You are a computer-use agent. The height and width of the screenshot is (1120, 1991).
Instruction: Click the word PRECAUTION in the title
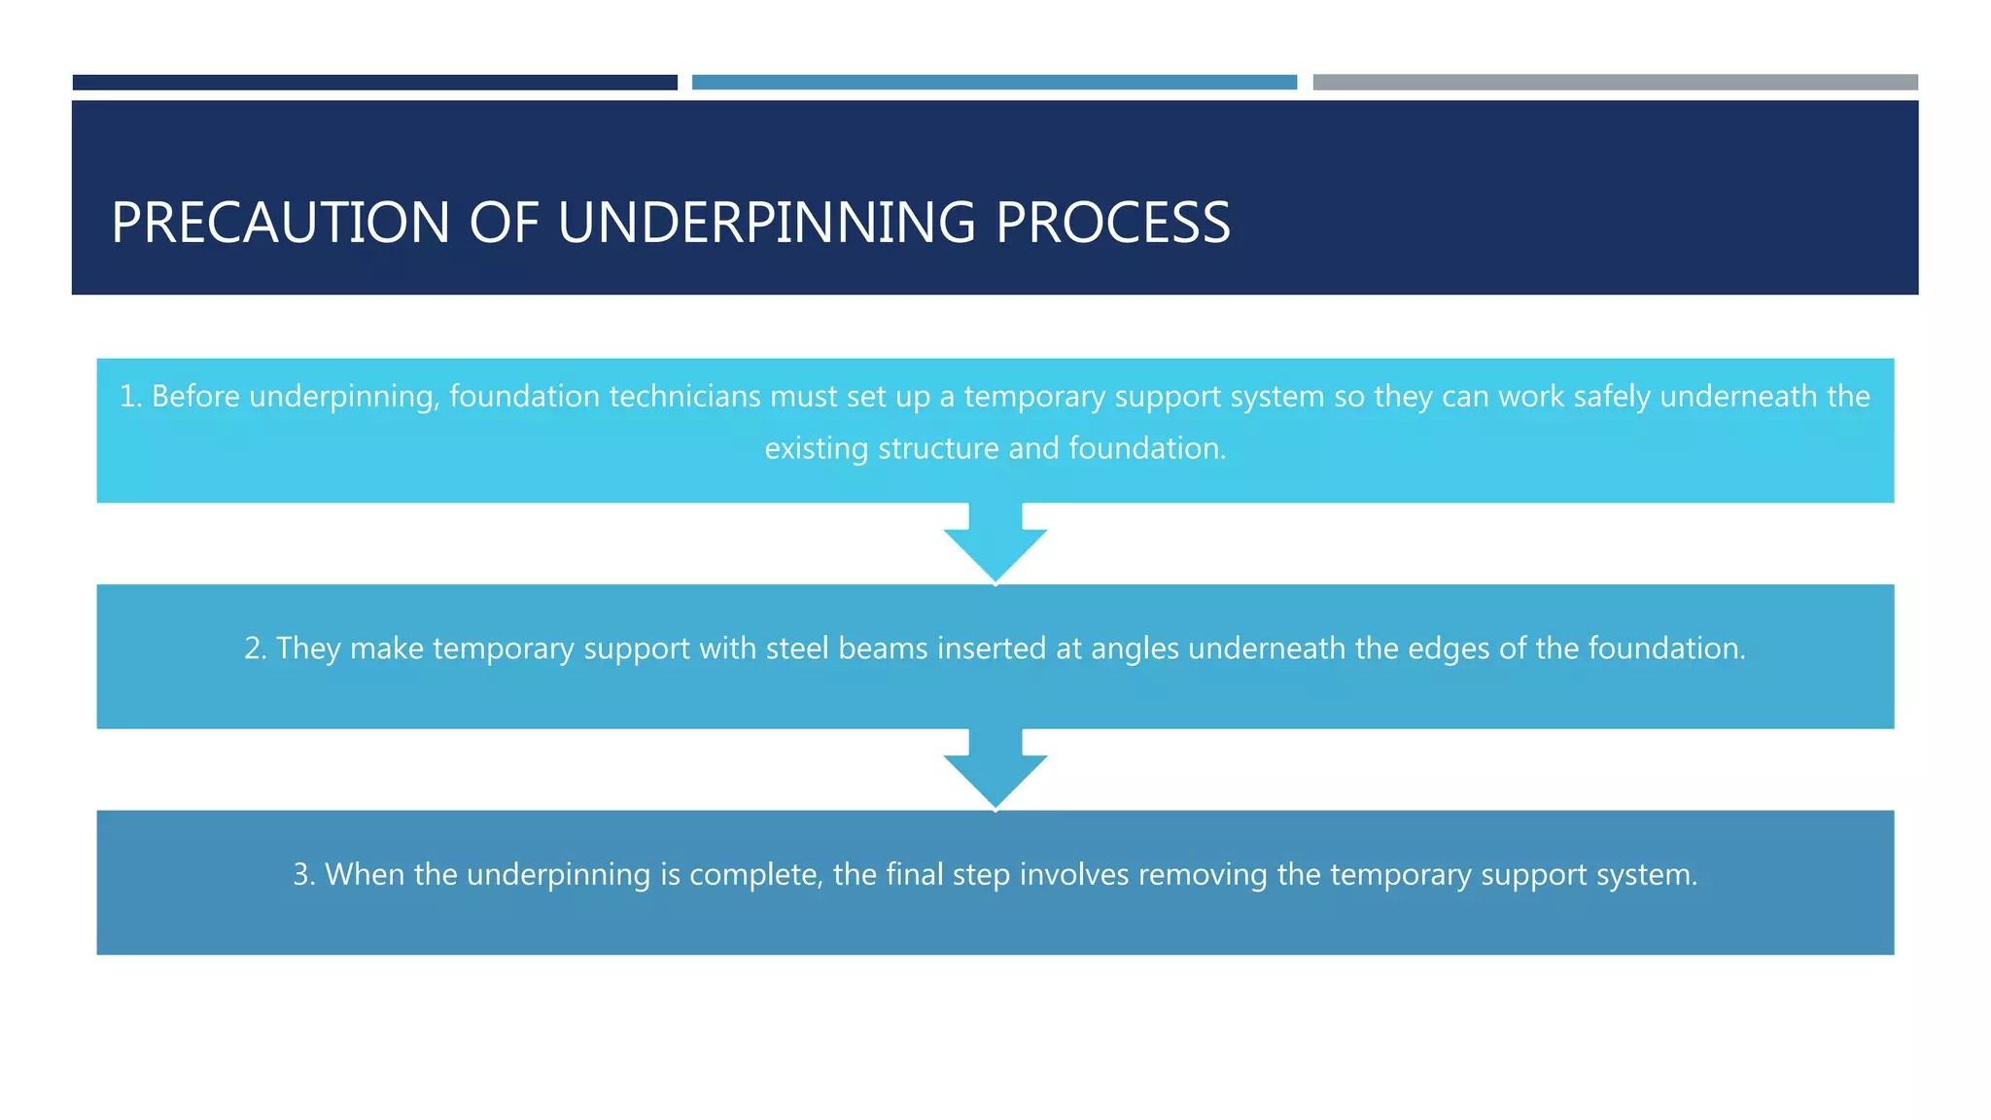[x=280, y=223]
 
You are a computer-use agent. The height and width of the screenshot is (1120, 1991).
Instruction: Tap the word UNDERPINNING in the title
[x=766, y=223]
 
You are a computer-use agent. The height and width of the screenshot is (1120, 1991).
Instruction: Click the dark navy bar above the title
[x=374, y=83]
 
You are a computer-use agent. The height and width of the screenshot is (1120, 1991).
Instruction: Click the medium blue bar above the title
[x=994, y=83]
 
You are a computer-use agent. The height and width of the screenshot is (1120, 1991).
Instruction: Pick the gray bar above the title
[x=1615, y=83]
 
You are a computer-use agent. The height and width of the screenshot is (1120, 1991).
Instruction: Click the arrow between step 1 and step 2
[x=995, y=544]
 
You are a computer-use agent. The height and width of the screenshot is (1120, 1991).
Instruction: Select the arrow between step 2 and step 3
[x=995, y=770]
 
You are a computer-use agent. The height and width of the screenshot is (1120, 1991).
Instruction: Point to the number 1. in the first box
[x=130, y=397]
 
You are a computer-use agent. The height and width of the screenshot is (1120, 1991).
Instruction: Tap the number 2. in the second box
[x=255, y=648]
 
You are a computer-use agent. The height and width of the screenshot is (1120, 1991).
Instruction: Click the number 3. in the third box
[x=304, y=874]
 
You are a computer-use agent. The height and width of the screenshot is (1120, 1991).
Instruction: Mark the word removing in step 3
[x=1203, y=874]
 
